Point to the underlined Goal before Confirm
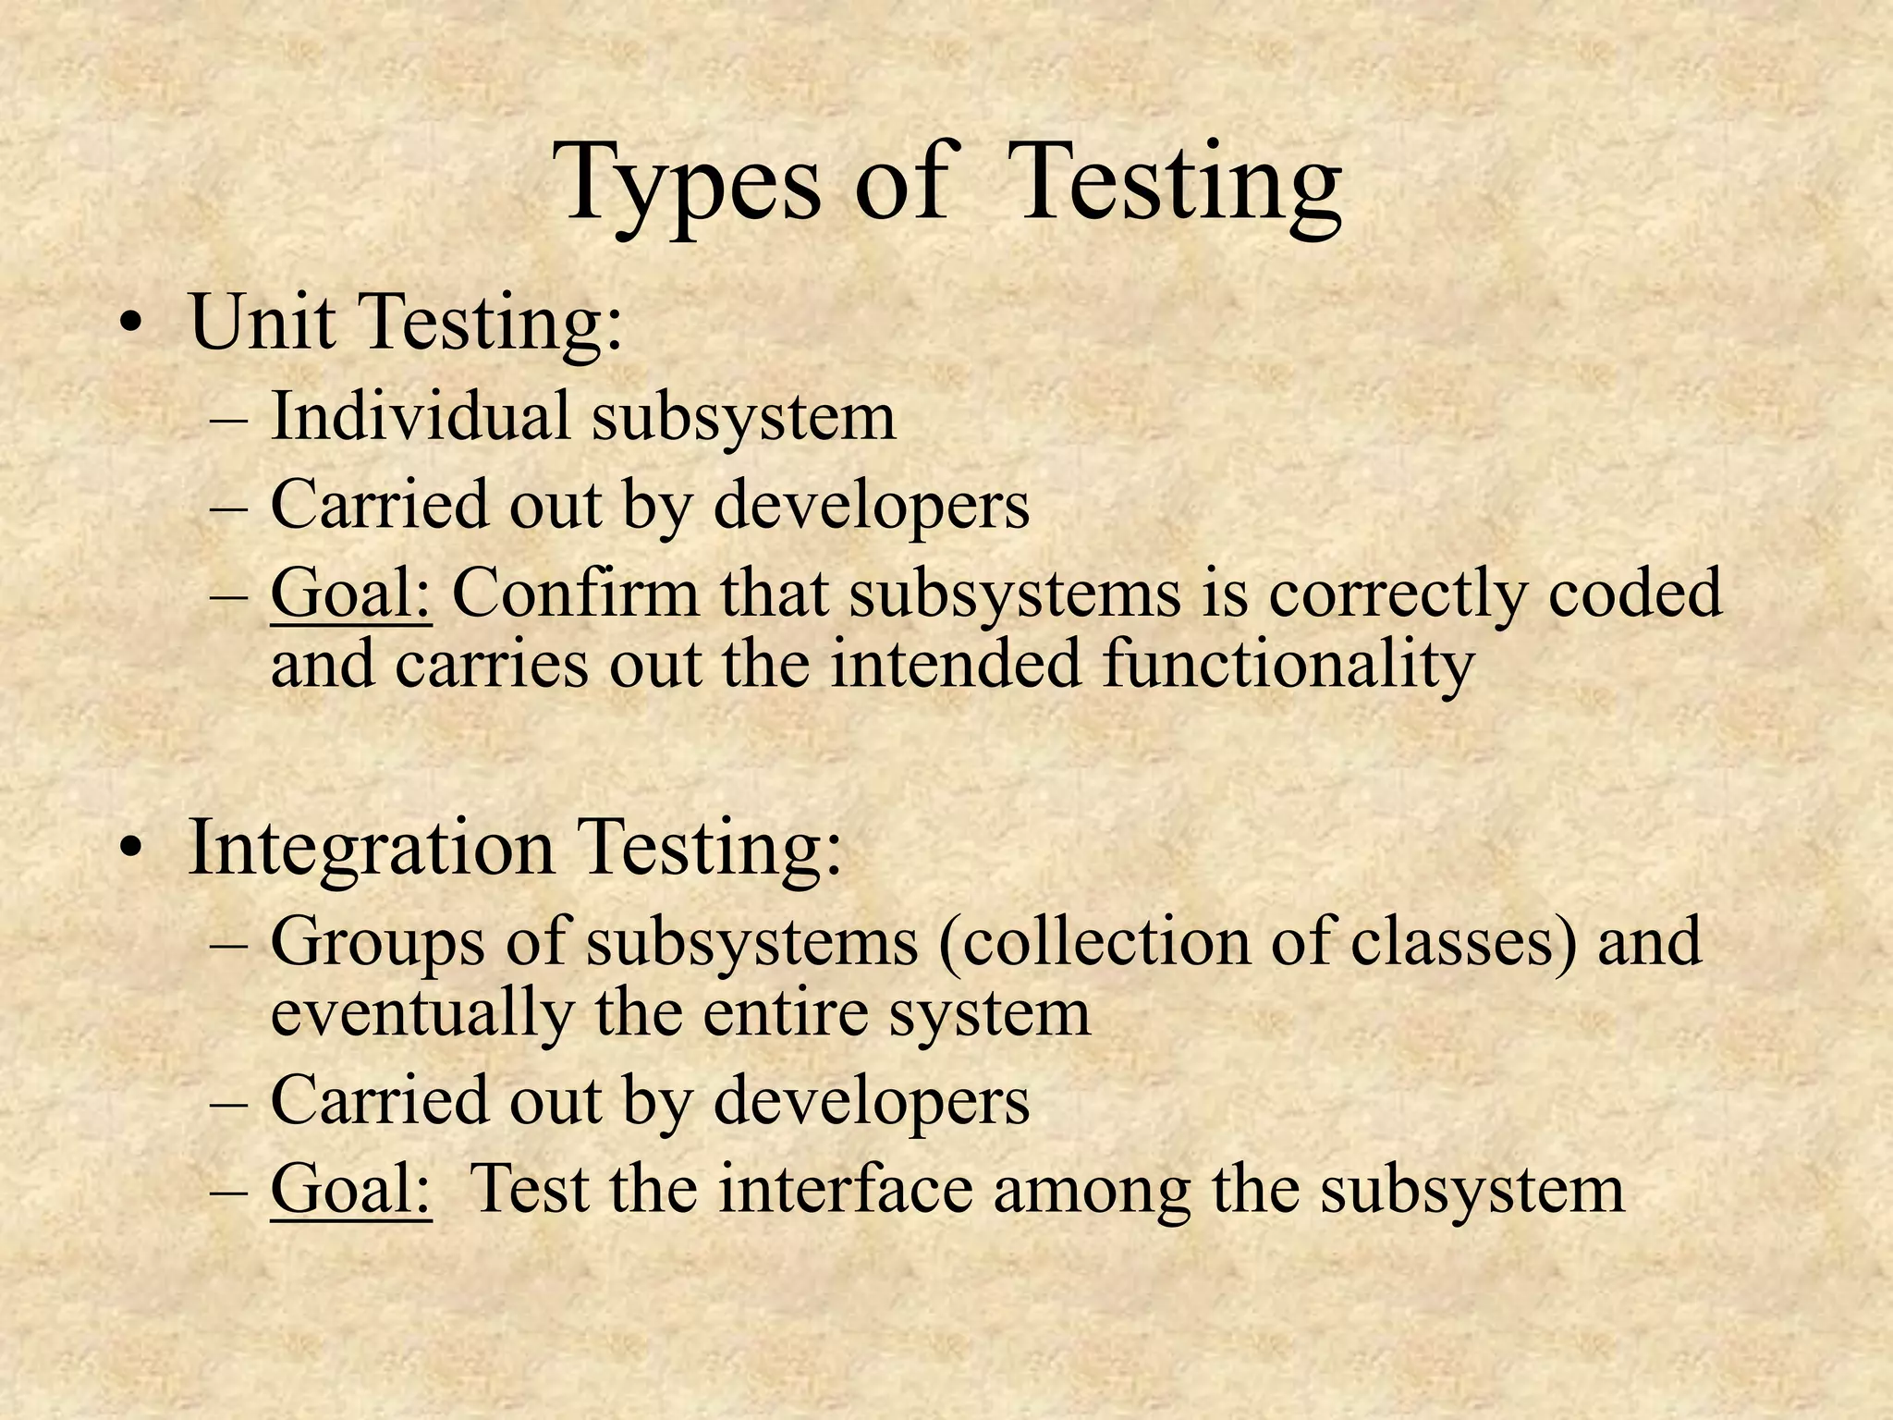point(350,594)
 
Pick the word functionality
point(1288,666)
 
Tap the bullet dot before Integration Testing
point(133,848)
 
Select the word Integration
point(371,848)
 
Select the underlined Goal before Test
point(350,1189)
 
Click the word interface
point(845,1188)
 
